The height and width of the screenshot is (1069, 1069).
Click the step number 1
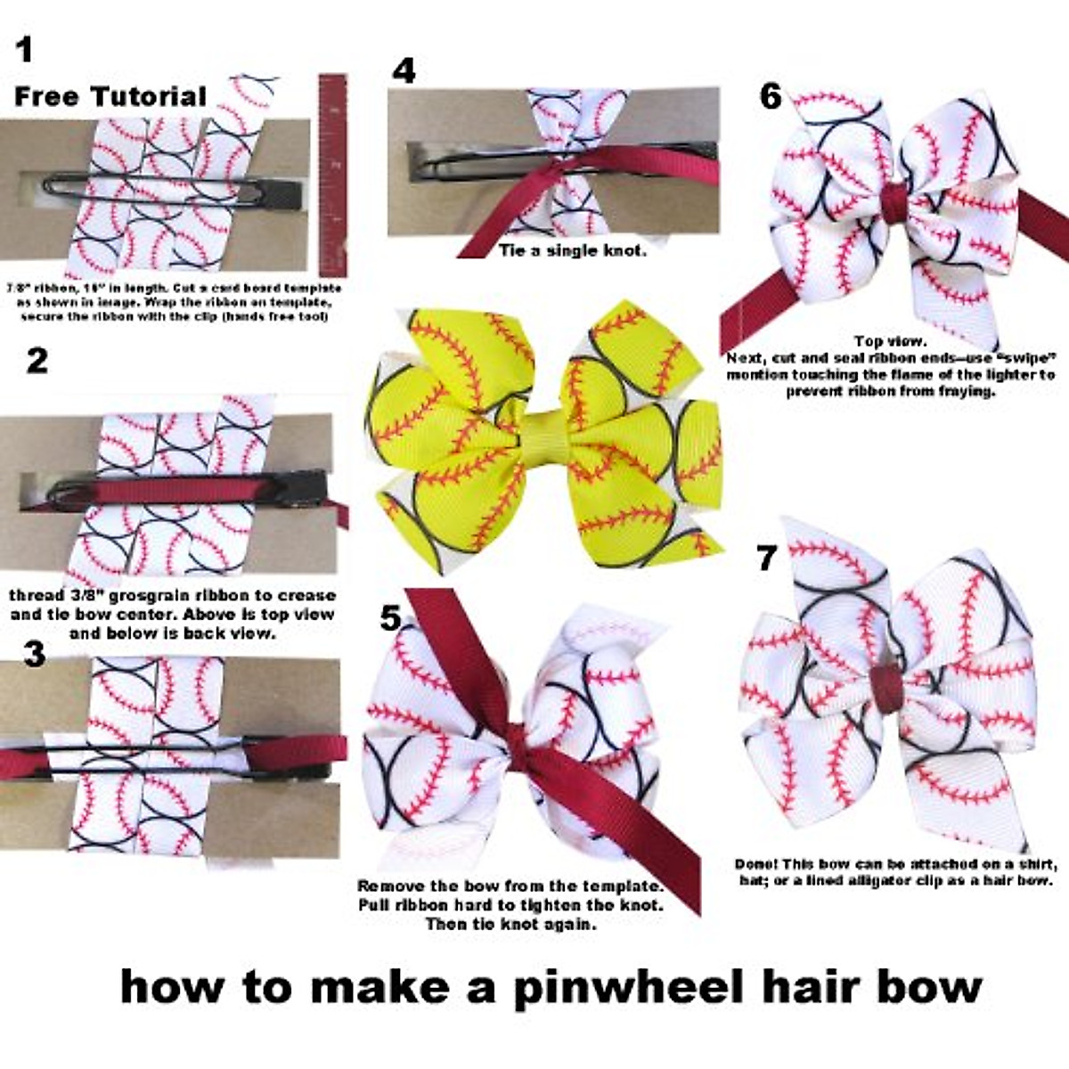click(25, 49)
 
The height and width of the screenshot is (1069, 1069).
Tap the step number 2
click(37, 361)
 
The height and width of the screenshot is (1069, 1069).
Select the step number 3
click(34, 654)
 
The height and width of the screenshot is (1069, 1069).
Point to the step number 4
click(404, 70)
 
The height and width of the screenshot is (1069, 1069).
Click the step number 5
click(390, 617)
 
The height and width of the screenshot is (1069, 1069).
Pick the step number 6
click(771, 96)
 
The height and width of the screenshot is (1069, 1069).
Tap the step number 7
click(766, 559)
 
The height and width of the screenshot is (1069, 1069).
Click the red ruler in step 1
click(332, 174)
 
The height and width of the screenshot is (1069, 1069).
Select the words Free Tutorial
click(110, 96)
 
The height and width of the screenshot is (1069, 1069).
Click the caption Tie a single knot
click(573, 250)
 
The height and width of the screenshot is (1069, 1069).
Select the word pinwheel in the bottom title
click(627, 987)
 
